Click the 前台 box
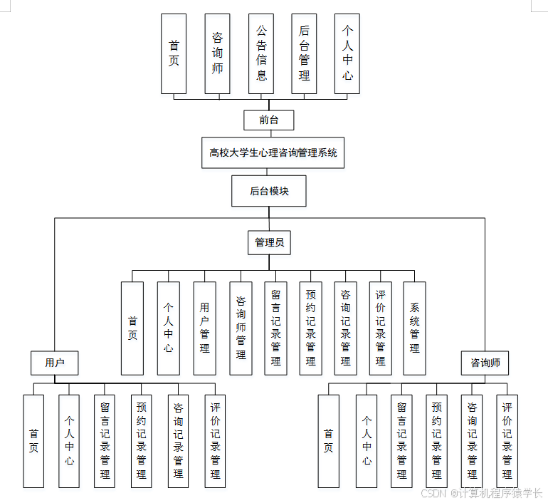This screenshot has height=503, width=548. click(x=268, y=120)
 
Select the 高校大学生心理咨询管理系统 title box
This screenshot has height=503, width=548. click(x=273, y=152)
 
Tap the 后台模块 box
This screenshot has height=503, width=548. click(x=269, y=191)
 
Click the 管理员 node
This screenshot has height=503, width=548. click(x=269, y=242)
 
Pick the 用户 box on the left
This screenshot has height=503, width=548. click(x=54, y=363)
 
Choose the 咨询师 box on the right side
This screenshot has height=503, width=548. click(x=485, y=363)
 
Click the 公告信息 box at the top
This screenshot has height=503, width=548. click(x=261, y=53)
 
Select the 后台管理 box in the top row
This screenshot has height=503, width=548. click(x=304, y=53)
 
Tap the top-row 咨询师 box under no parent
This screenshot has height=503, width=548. click(x=217, y=53)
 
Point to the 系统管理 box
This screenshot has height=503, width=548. click(x=414, y=328)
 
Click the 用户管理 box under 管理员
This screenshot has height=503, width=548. click(x=204, y=328)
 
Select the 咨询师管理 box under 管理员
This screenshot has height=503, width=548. click(x=241, y=328)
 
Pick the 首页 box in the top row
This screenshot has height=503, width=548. click(x=174, y=53)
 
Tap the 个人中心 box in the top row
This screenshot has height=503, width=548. click(x=347, y=53)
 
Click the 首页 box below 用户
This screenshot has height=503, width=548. click(x=33, y=441)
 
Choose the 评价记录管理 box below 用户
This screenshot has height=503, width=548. click(x=215, y=441)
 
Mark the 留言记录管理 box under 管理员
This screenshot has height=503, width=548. click(x=275, y=328)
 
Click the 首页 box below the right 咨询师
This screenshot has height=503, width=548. click(x=328, y=441)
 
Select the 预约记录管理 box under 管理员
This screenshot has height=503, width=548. click(x=310, y=328)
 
